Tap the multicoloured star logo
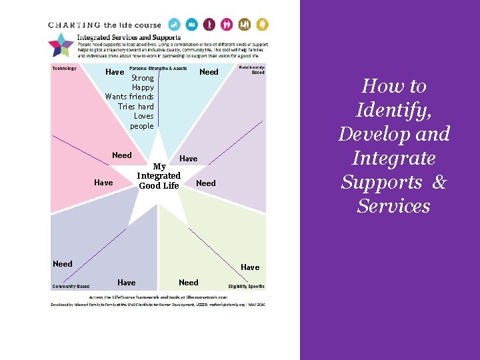[x=61, y=45]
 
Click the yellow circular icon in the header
[x=263, y=25]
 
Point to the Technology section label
[x=65, y=68]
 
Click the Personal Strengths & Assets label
[x=158, y=68]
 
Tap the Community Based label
[x=71, y=287]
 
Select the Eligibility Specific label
[x=246, y=287]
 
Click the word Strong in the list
[x=143, y=78]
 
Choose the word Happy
[x=143, y=87]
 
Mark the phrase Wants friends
[x=129, y=97]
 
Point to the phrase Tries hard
[x=135, y=107]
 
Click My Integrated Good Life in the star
[x=159, y=176]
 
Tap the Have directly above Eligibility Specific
[x=250, y=267]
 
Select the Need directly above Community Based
[x=63, y=264]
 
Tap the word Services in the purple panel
[x=393, y=206]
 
